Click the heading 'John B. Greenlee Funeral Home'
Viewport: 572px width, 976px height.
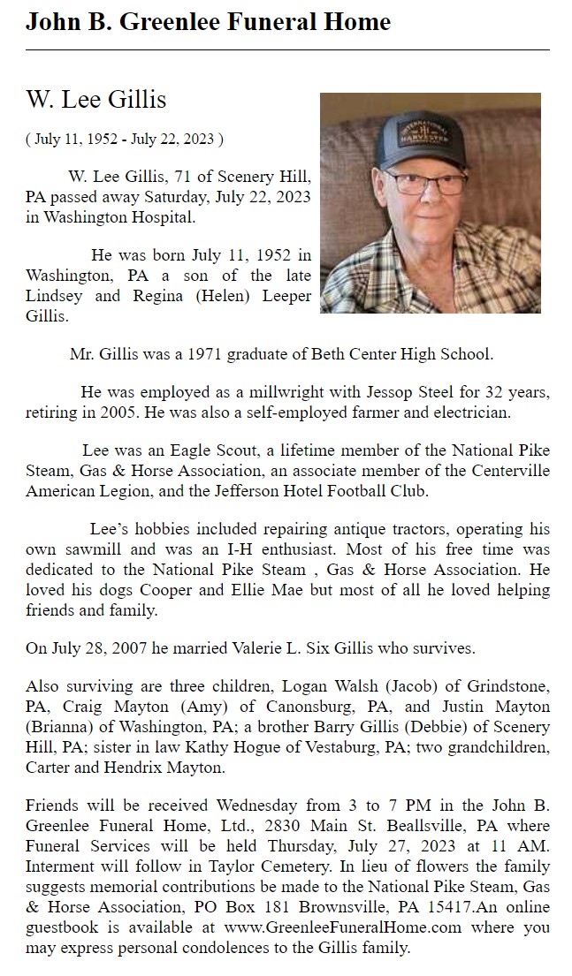tap(208, 21)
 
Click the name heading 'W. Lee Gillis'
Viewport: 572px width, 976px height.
tap(96, 100)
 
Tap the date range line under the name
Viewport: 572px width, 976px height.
tap(124, 139)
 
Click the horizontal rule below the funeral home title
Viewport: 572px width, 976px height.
tap(287, 50)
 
